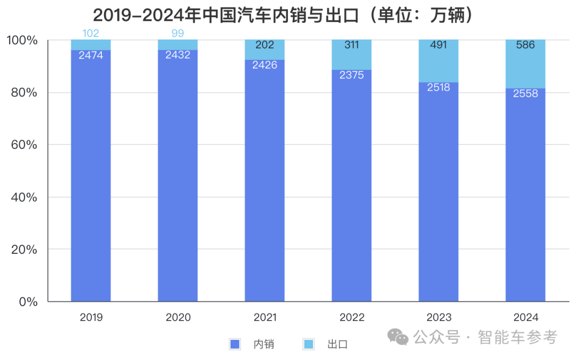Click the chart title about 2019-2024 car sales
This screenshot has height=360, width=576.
coord(283,15)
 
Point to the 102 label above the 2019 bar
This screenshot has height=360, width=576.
coord(91,34)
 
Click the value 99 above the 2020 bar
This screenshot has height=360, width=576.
coord(178,34)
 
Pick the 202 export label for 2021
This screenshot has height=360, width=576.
coord(265,45)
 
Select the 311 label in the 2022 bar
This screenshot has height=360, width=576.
coord(351,45)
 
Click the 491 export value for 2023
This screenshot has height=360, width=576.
coord(438,45)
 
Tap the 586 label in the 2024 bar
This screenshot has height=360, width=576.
coord(525,45)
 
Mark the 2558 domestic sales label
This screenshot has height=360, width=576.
coord(525,93)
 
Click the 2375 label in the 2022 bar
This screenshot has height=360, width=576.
coord(351,75)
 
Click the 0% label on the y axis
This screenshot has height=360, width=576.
coord(28,302)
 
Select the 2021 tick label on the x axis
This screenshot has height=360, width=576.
coord(265,317)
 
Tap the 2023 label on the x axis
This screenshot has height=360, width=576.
coord(438,317)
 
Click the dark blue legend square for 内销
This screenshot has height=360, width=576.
coord(235,344)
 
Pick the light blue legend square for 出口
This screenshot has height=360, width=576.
coord(308,344)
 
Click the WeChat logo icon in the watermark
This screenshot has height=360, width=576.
coord(398,337)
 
